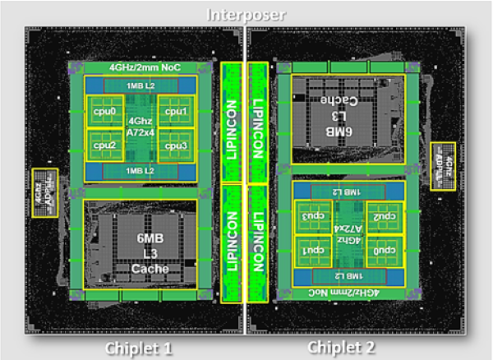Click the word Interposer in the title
247,14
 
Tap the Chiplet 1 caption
139,348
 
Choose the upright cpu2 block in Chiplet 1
102,145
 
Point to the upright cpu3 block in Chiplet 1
177,145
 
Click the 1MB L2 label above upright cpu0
139,85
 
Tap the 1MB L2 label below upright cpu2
139,170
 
